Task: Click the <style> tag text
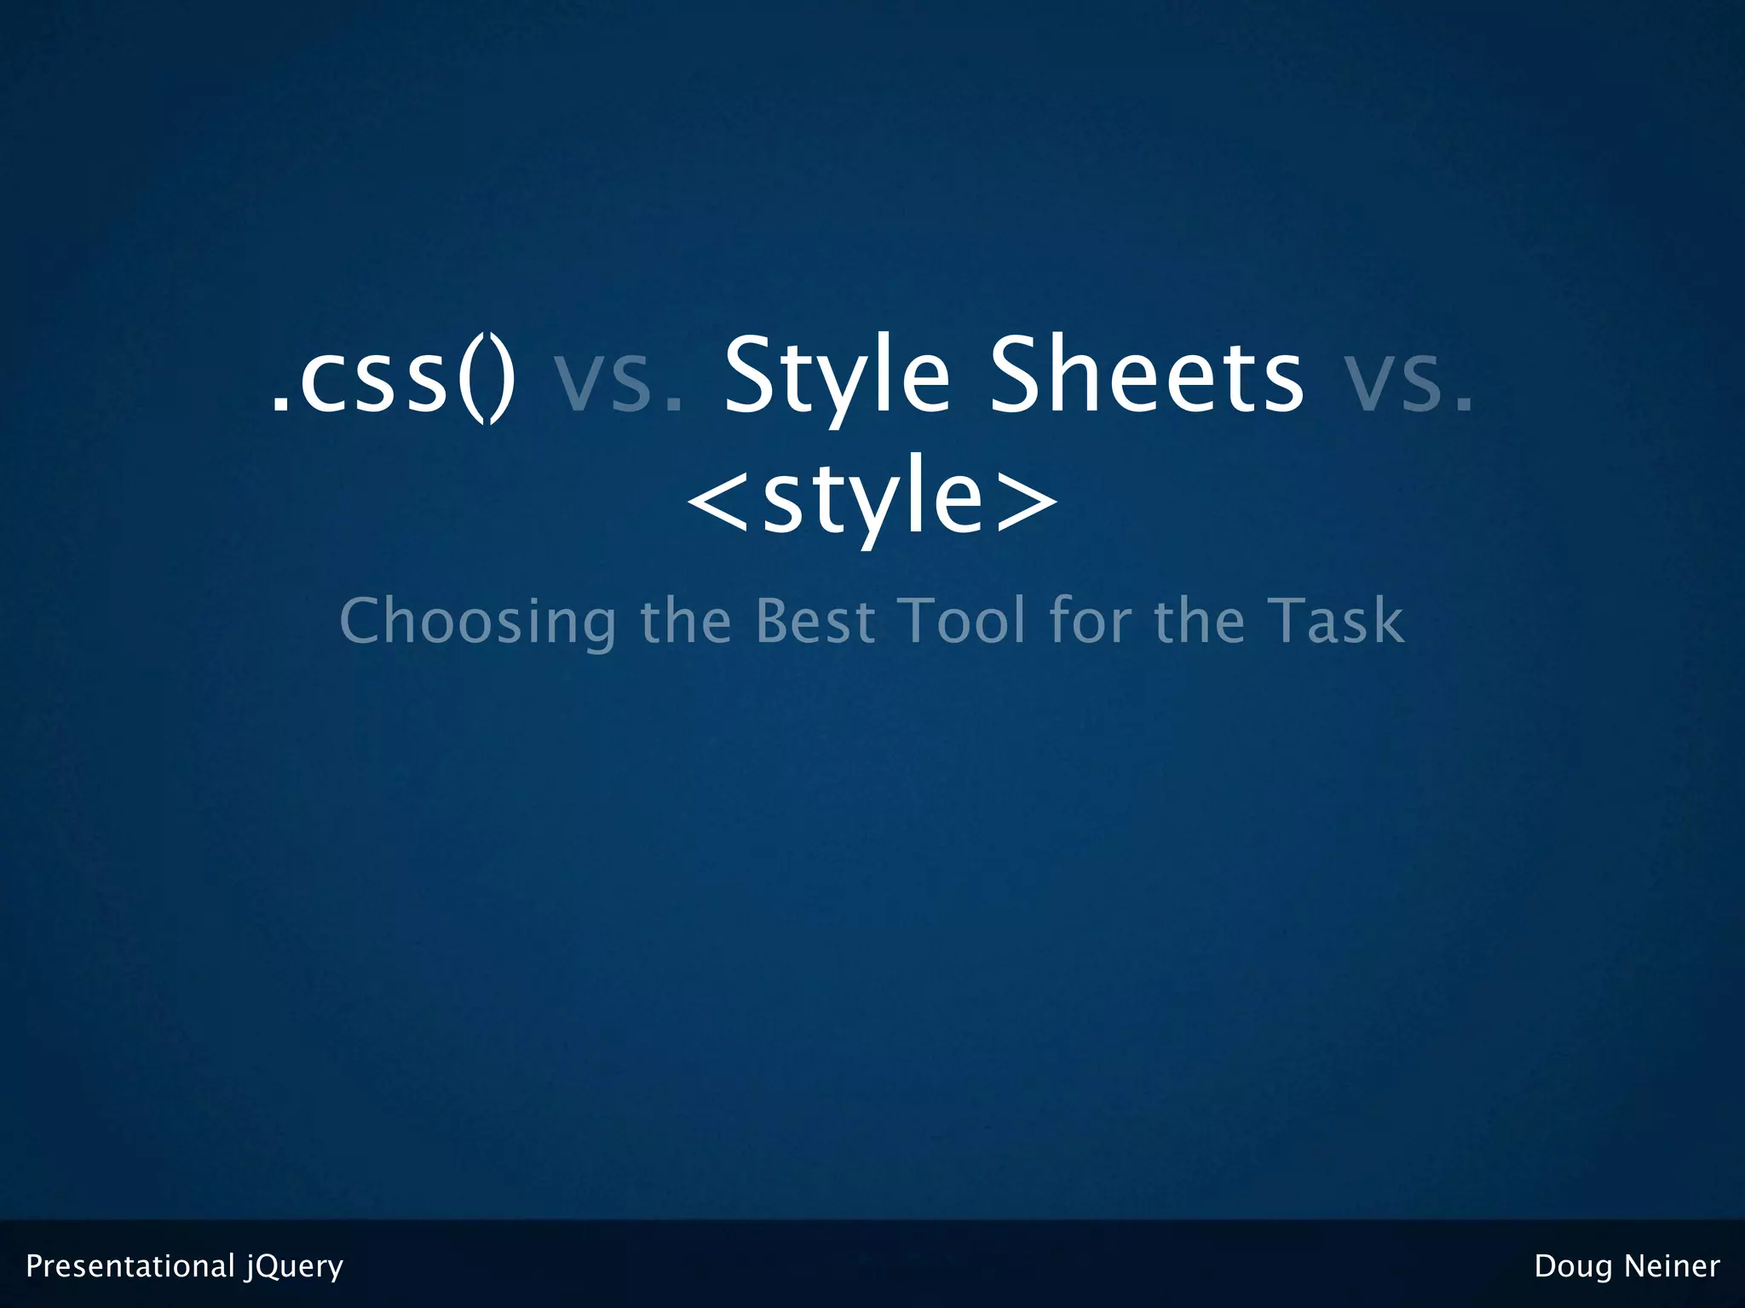pyautogui.click(x=872, y=498)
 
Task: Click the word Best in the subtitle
pyautogui.click(x=815, y=622)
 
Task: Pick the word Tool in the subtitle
pyautogui.click(x=963, y=622)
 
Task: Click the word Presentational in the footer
pyautogui.click(x=130, y=1266)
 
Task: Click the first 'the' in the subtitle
pyautogui.click(x=685, y=622)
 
